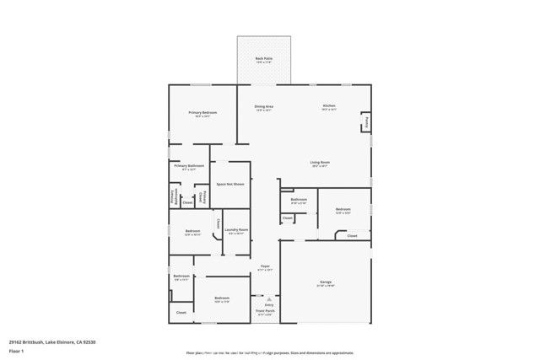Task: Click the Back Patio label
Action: (264, 57)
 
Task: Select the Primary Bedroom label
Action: (202, 113)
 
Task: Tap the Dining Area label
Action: (264, 106)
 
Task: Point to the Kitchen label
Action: (329, 106)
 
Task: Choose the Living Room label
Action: (320, 162)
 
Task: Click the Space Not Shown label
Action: (230, 183)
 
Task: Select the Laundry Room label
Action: (236, 229)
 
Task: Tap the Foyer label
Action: (265, 266)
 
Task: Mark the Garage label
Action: (325, 282)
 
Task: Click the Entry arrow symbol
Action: (269, 298)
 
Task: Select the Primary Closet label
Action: (202, 197)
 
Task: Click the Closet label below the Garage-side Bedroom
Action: (352, 236)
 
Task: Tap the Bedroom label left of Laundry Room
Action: (192, 231)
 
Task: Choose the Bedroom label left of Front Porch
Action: (222, 298)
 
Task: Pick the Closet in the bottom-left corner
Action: (181, 313)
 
